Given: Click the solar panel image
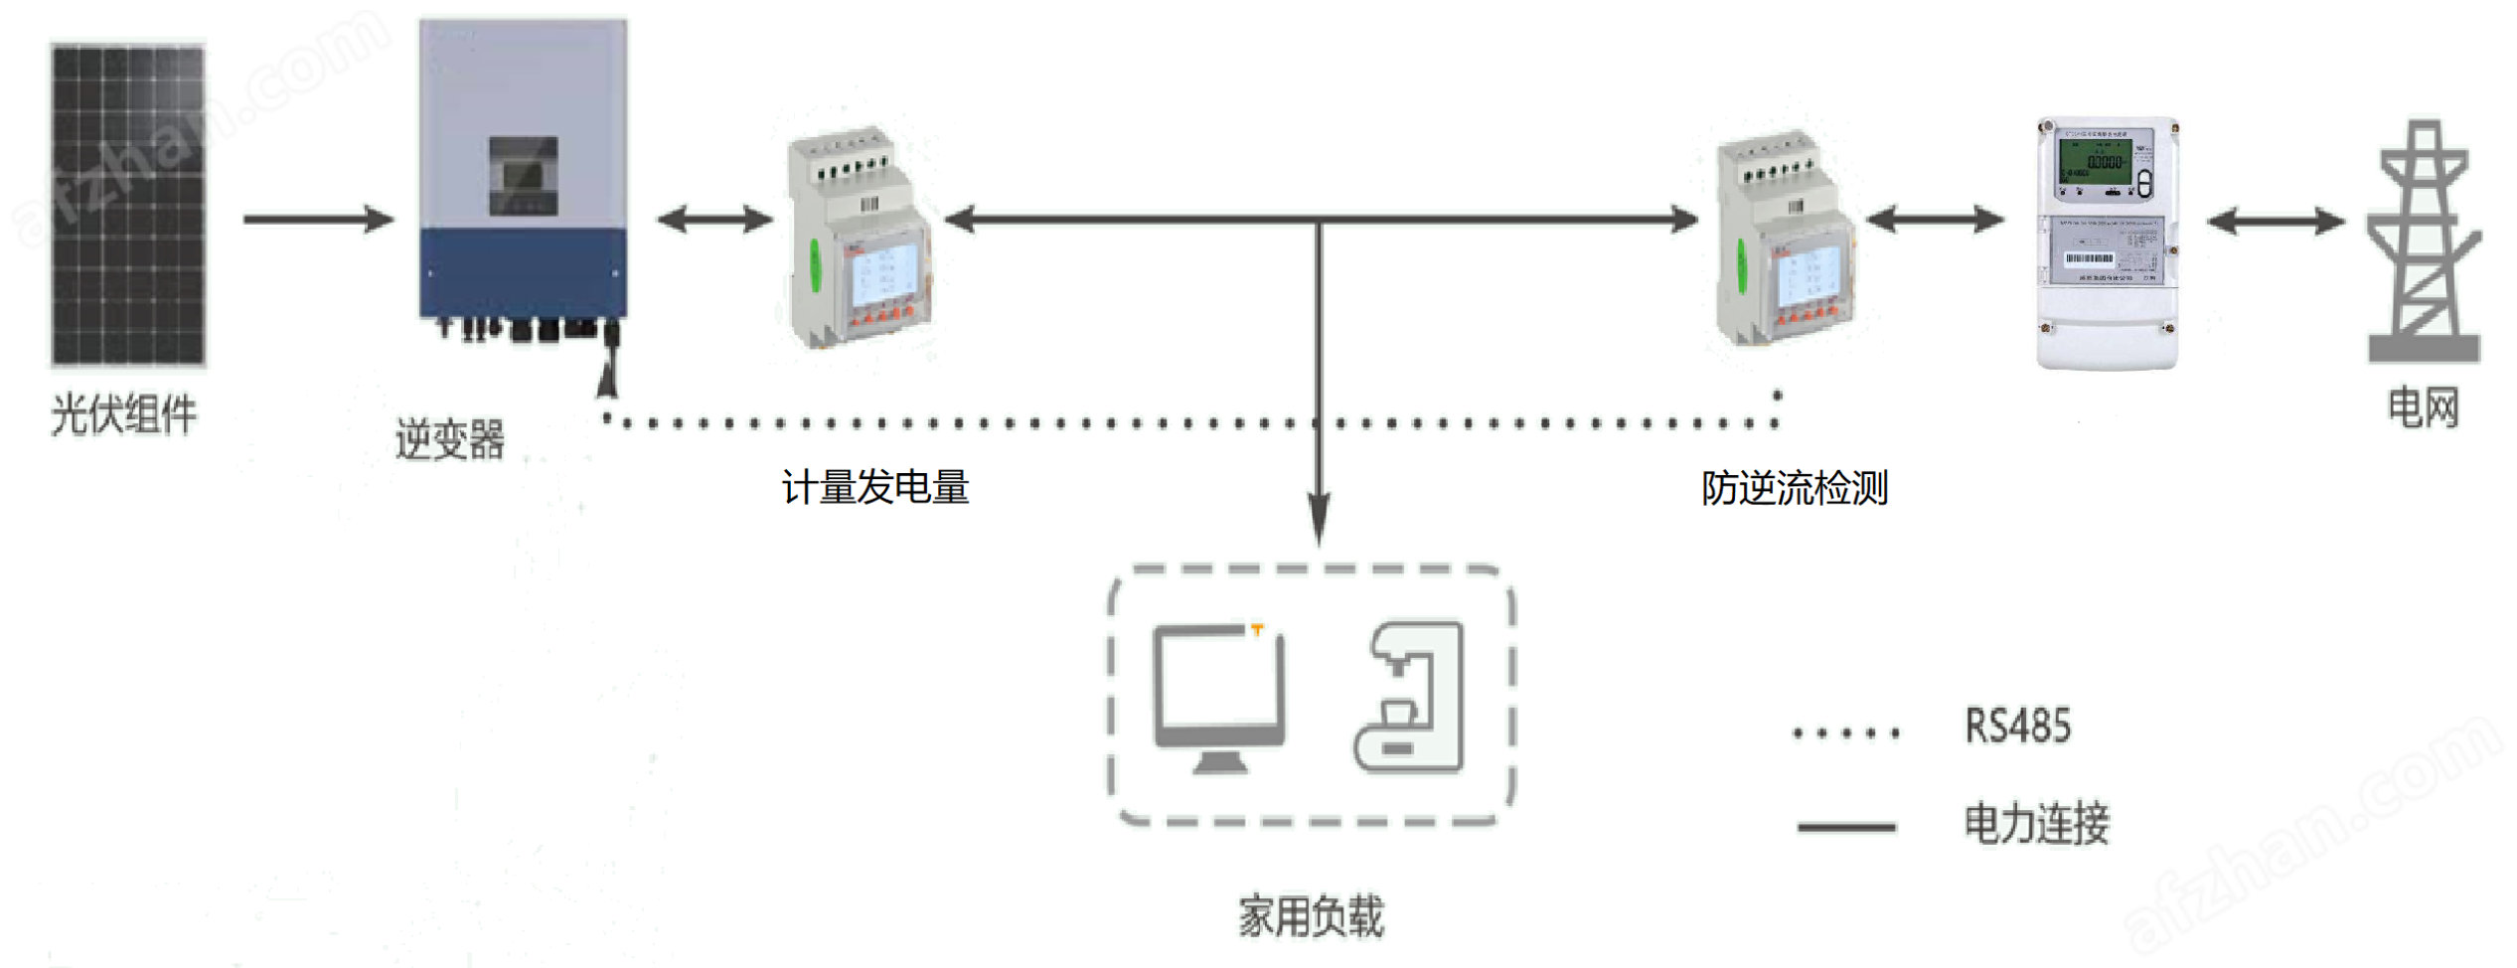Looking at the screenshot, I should point(128,205).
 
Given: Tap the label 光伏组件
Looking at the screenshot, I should point(124,414).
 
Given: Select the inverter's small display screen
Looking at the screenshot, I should point(523,175).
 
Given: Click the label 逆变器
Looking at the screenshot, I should point(450,439).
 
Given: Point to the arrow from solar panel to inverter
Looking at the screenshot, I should point(318,219).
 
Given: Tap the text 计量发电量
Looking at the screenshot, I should point(875,488).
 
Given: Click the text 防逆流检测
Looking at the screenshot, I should point(1795,488).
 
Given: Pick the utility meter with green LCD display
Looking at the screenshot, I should point(2107,243).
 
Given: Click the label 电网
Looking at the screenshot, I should point(2424,407).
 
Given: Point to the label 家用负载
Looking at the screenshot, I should point(1311,915).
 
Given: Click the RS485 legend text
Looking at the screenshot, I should point(2017,726).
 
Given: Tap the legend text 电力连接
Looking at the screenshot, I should point(2036,824).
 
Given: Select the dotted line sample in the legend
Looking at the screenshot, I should point(1846,733).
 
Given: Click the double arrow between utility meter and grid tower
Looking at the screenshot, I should point(2276,221).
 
